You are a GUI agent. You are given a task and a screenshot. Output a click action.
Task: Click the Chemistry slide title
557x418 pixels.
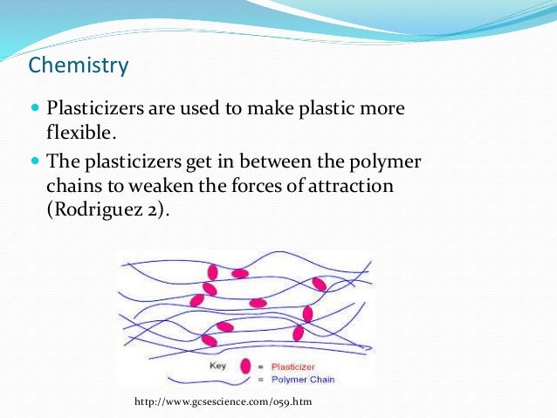pyautogui.click(x=79, y=65)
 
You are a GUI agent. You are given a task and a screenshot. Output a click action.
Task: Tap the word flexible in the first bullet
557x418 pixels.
pyautogui.click(x=80, y=133)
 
